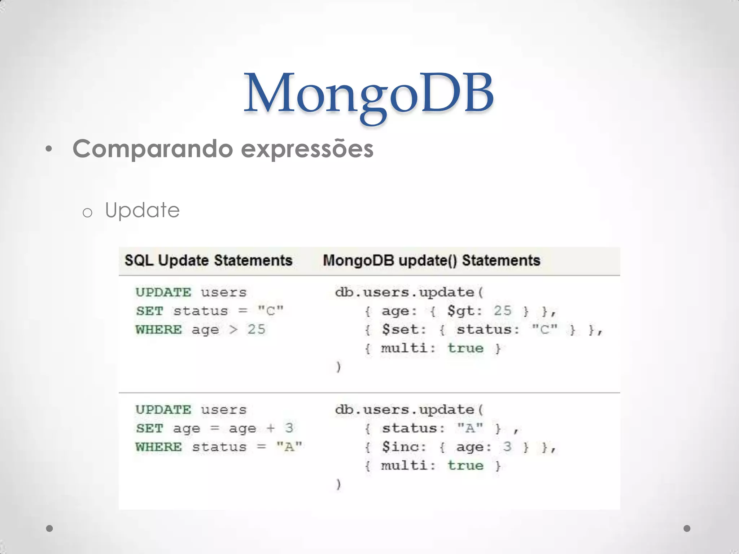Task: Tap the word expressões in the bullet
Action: pyautogui.click(x=307, y=149)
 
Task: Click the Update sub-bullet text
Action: pyautogui.click(x=142, y=210)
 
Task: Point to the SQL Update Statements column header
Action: pyautogui.click(x=208, y=260)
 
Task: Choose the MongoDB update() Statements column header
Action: pyautogui.click(x=431, y=260)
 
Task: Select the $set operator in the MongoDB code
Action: pyautogui.click(x=403, y=329)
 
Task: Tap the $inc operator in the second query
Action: pyautogui.click(x=403, y=447)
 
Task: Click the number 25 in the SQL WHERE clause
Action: pyautogui.click(x=256, y=329)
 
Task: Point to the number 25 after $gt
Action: pyautogui.click(x=503, y=311)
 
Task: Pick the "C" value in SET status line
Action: pyautogui.click(x=271, y=311)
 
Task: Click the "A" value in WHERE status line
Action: pyautogui.click(x=289, y=447)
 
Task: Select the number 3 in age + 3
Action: pyautogui.click(x=289, y=428)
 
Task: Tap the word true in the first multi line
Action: pyautogui.click(x=465, y=348)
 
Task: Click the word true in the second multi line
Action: pyautogui.click(x=465, y=466)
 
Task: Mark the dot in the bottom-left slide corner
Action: pyautogui.click(x=50, y=528)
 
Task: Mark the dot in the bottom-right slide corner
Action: pyautogui.click(x=687, y=528)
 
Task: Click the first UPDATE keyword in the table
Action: pyautogui.click(x=163, y=292)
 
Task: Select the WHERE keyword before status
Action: pyautogui.click(x=159, y=447)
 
